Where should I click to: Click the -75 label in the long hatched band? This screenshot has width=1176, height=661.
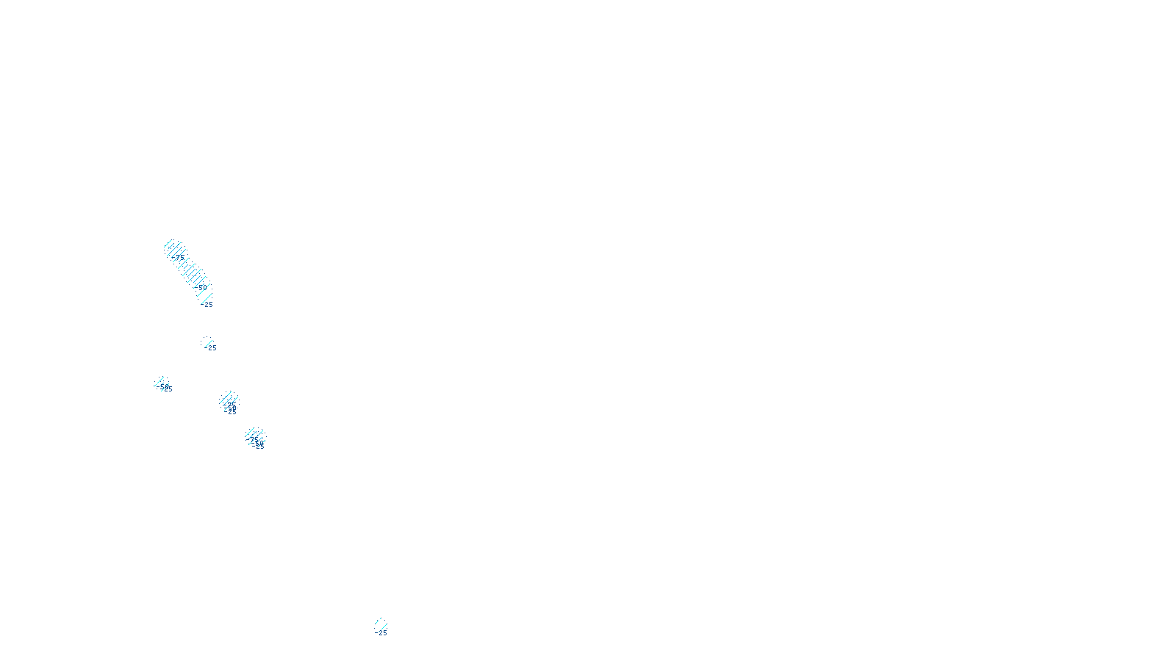(x=179, y=258)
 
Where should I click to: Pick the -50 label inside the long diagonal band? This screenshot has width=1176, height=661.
(x=202, y=286)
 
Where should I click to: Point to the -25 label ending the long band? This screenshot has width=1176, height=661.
(x=208, y=305)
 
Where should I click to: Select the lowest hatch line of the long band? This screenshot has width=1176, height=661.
(x=207, y=297)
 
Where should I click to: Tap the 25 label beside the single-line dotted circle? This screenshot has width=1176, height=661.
(x=212, y=348)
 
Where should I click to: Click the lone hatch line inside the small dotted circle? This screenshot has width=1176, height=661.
(x=207, y=342)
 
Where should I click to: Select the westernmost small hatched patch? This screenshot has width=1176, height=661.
(x=162, y=383)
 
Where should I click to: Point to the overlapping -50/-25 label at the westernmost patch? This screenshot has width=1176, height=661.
(x=166, y=388)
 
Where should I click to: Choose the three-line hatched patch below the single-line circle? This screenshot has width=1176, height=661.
(x=229, y=400)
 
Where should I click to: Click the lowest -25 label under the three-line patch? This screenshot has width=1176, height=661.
(x=232, y=412)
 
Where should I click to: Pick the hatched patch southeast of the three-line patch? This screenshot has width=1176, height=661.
(x=254, y=436)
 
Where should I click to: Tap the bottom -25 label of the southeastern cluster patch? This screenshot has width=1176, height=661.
(x=259, y=446)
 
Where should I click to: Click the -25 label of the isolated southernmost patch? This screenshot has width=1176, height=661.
(x=382, y=633)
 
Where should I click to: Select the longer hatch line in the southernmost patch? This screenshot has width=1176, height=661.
(x=381, y=625)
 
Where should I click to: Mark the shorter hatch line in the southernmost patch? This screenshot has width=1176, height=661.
(x=379, y=621)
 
